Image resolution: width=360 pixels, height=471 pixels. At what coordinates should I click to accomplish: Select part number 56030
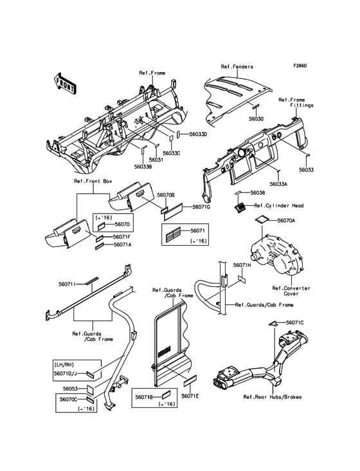[x=256, y=119]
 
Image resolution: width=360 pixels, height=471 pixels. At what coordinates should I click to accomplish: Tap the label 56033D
[x=198, y=134]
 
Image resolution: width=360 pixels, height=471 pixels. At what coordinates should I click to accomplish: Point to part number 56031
[x=156, y=160]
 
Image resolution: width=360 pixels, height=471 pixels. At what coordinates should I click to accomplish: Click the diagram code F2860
[x=300, y=66]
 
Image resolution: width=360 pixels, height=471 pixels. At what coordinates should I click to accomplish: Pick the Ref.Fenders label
[x=237, y=67]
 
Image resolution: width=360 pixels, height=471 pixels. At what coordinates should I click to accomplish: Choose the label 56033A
[x=278, y=184]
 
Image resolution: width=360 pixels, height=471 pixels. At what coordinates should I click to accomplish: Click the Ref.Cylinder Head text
[x=279, y=206]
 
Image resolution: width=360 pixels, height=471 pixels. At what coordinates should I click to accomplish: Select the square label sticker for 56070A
[x=261, y=219]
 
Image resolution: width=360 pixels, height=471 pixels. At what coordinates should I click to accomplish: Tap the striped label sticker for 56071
[x=174, y=235]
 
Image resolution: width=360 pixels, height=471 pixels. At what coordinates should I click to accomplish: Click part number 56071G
[x=201, y=207]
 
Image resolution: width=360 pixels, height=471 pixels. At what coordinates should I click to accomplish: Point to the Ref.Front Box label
[x=93, y=181]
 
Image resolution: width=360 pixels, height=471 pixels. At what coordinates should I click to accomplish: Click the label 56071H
[x=242, y=265]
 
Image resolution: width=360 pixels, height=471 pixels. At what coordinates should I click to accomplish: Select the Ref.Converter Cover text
[x=291, y=291]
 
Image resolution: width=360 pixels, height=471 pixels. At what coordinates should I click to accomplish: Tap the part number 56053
[x=70, y=389]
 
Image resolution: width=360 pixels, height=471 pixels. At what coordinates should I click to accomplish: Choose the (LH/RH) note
[x=64, y=365]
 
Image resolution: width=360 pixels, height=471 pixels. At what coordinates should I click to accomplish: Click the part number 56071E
[x=190, y=396]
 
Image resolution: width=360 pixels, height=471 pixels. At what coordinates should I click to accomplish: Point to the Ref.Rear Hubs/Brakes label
[x=273, y=397]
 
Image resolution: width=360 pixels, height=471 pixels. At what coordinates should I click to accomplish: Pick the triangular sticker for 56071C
[x=273, y=323]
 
